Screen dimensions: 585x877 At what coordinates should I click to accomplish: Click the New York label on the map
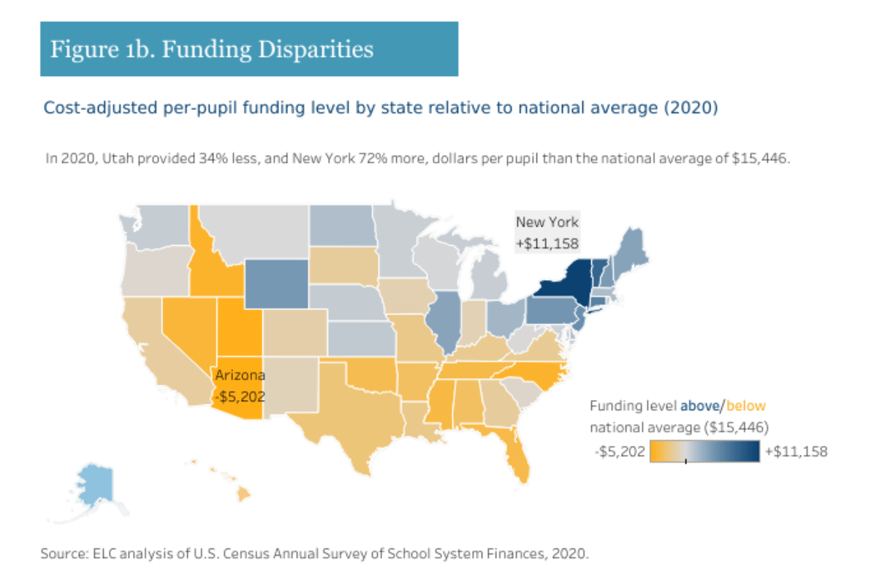point(547,222)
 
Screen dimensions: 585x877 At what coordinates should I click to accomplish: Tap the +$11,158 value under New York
point(547,244)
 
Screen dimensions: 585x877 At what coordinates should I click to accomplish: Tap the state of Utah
point(238,329)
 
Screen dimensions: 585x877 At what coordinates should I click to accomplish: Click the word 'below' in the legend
point(746,406)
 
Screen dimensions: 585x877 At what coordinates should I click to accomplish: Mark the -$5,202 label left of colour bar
point(620,452)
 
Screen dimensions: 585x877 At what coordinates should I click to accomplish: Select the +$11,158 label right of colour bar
point(796,452)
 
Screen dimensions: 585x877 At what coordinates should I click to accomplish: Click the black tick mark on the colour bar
point(686,461)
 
